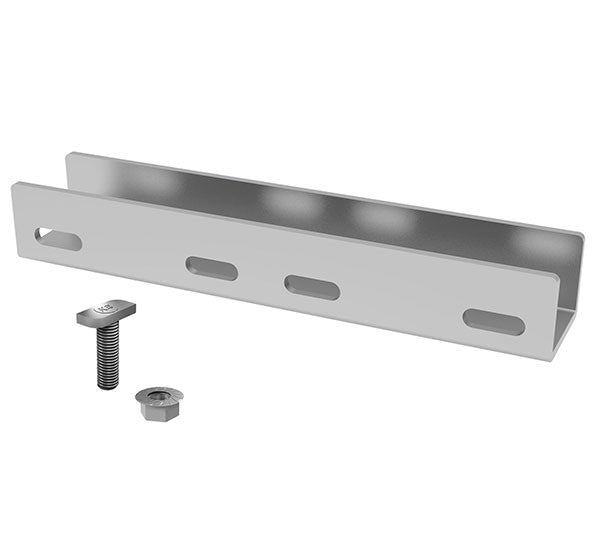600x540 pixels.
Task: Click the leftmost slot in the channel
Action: coord(58,239)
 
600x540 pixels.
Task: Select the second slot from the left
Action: coord(211,268)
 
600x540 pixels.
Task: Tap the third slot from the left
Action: coord(312,287)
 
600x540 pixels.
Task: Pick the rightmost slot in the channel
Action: coord(493,322)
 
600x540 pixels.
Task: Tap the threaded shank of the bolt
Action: coord(107,355)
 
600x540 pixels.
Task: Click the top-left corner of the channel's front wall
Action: coord(16,185)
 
